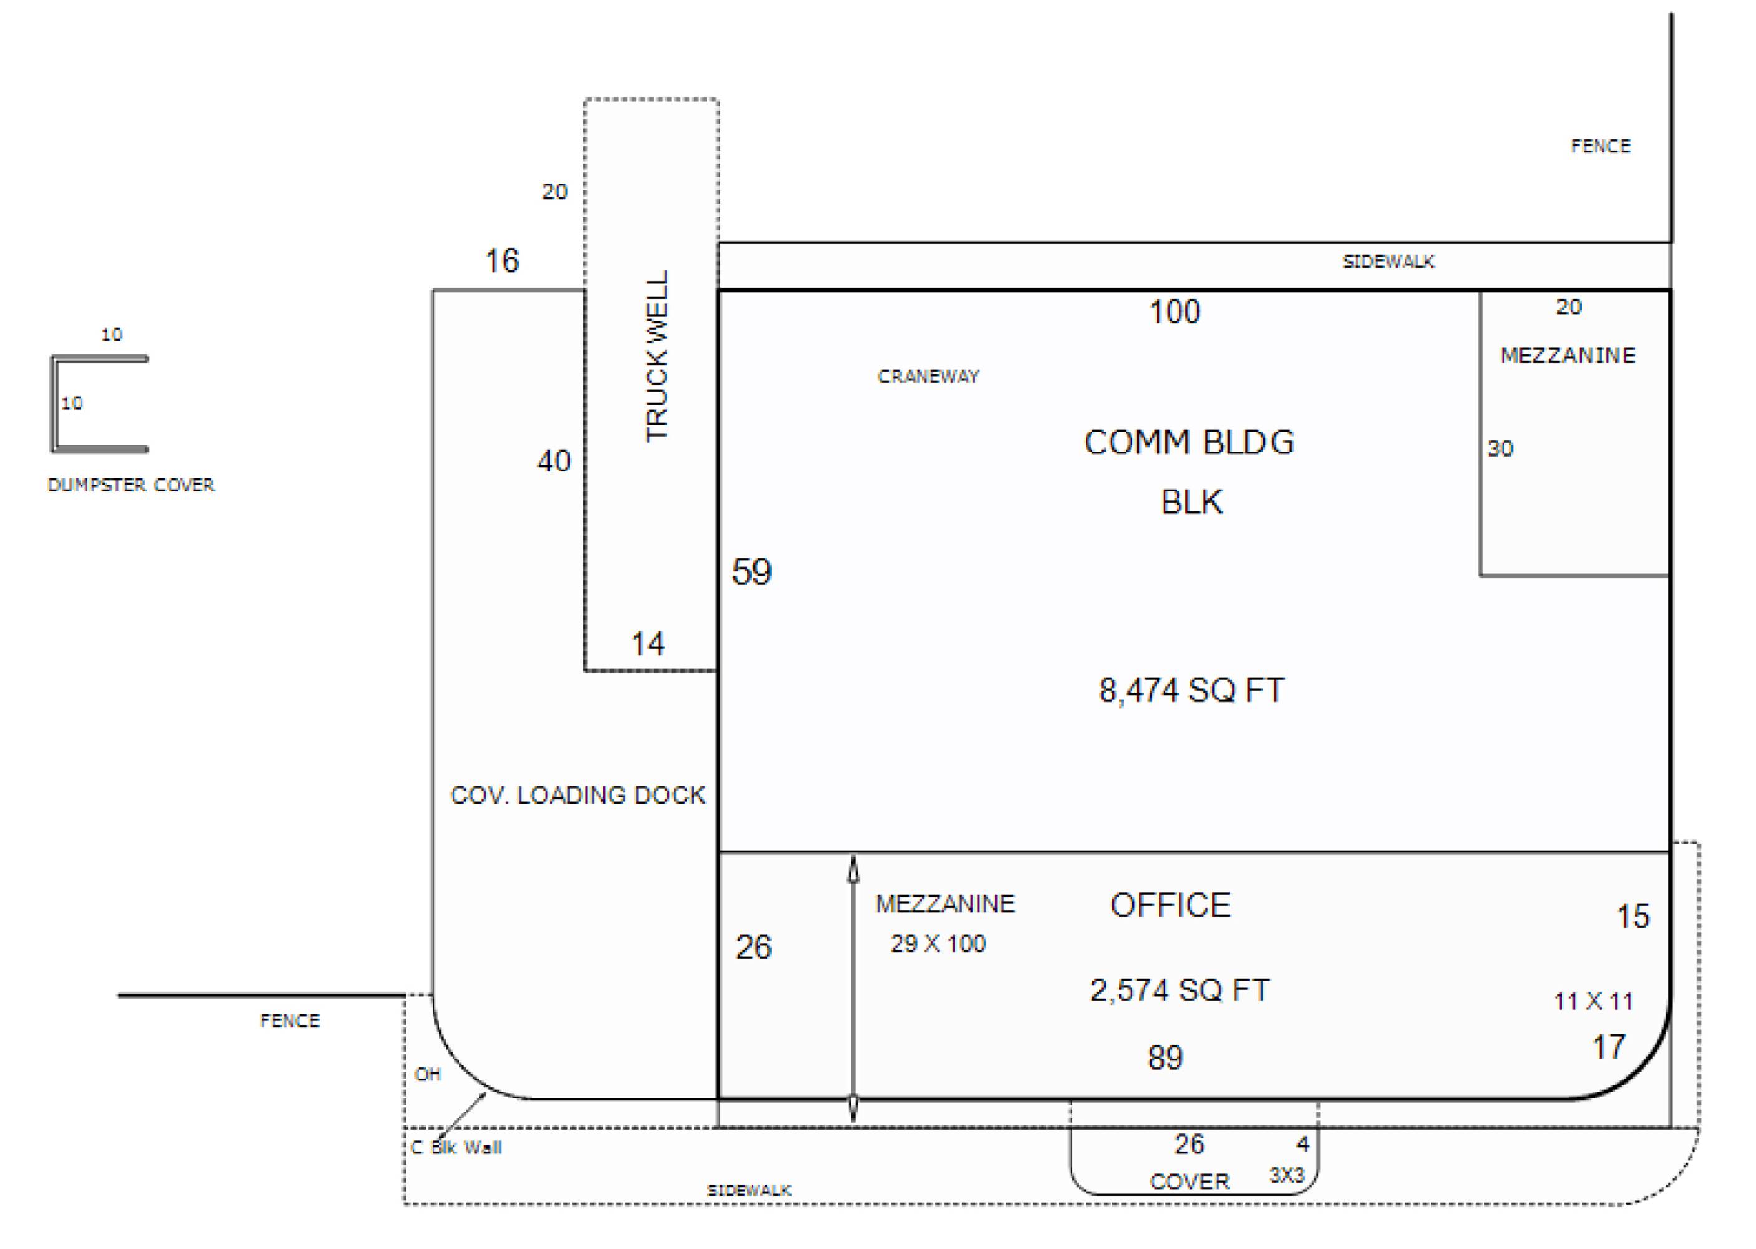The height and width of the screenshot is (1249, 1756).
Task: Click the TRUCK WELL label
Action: point(657,356)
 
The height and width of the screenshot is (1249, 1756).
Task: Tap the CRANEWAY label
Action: point(928,376)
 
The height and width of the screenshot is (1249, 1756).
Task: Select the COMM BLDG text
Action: point(1189,442)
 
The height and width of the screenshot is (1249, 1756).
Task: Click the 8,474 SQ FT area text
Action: point(1191,690)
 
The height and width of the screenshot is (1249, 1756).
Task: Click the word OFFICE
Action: point(1170,906)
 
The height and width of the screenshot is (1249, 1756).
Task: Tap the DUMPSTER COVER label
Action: point(132,485)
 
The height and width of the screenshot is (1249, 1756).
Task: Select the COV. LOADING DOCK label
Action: point(577,795)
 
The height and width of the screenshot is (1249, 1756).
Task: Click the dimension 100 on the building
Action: point(1174,312)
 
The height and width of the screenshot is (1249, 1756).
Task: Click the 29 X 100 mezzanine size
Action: point(938,944)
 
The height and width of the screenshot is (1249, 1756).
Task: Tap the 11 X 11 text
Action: point(1593,1001)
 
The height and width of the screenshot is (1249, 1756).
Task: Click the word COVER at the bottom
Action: point(1189,1182)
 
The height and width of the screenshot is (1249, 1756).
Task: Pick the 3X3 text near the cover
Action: point(1286,1175)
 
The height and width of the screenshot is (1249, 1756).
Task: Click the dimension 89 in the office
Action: point(1165,1059)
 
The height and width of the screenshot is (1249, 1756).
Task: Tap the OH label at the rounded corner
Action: point(428,1074)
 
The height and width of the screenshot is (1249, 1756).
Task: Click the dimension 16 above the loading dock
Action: point(501,260)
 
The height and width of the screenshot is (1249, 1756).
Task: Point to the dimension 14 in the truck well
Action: point(647,644)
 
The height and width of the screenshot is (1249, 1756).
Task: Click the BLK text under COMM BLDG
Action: point(1191,502)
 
